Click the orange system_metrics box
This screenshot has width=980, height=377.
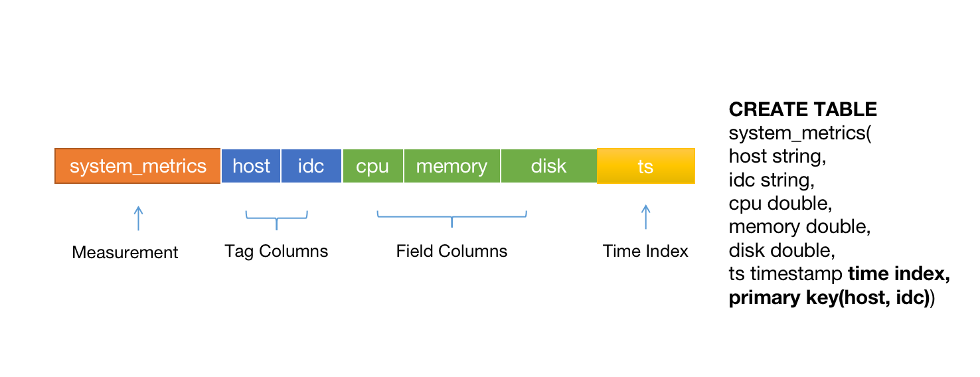[x=137, y=166]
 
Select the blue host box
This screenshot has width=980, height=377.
[x=251, y=166]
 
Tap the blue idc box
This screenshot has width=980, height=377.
[x=311, y=166]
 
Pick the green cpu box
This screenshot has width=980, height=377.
[x=372, y=166]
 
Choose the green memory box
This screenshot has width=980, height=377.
[x=451, y=166]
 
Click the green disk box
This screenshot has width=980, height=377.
[x=548, y=166]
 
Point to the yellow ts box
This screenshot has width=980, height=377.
[x=645, y=166]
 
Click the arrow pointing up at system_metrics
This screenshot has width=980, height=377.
[x=138, y=218]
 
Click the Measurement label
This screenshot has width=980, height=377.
[x=125, y=253]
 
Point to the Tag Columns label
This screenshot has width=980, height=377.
[x=276, y=252]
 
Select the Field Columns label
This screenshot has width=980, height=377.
[x=451, y=252]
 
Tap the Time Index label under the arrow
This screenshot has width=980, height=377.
[x=645, y=252]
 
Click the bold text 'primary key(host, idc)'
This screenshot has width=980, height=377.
[x=829, y=298]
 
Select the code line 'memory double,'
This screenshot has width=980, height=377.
[x=799, y=227]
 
